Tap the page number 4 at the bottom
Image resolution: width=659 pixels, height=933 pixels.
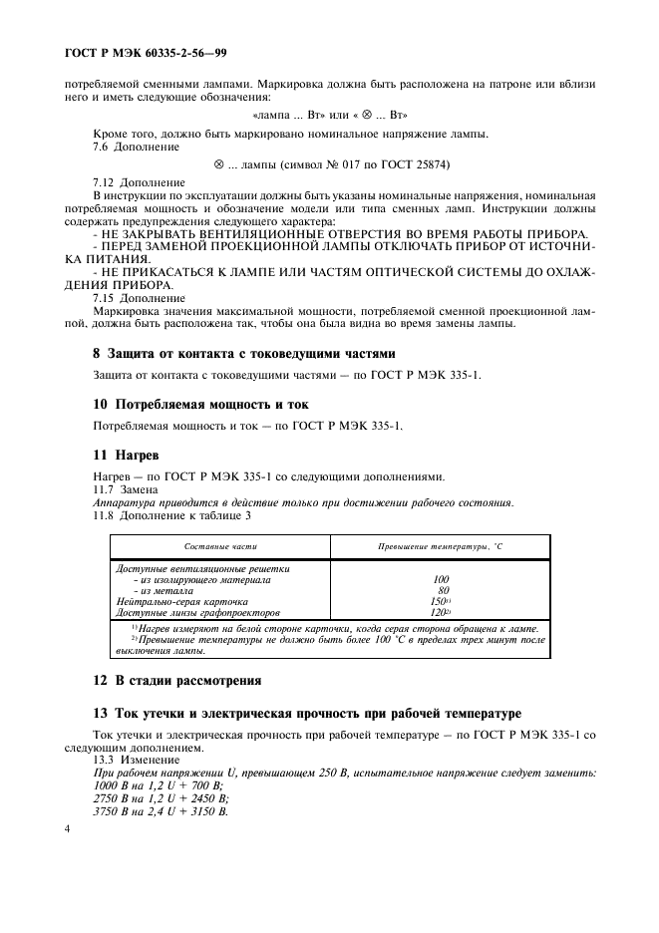coord(67,828)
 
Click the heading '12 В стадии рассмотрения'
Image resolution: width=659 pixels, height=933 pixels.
coord(176,681)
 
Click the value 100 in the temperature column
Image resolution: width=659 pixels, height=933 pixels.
coord(441,579)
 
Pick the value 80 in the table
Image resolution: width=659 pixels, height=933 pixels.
coord(443,591)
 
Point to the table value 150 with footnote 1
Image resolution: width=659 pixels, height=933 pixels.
coord(440,602)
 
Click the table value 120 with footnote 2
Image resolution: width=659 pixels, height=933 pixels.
coord(440,613)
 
